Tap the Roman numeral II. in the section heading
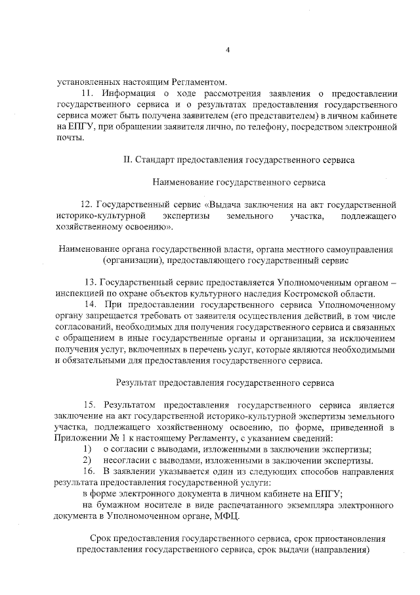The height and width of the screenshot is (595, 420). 127,159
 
